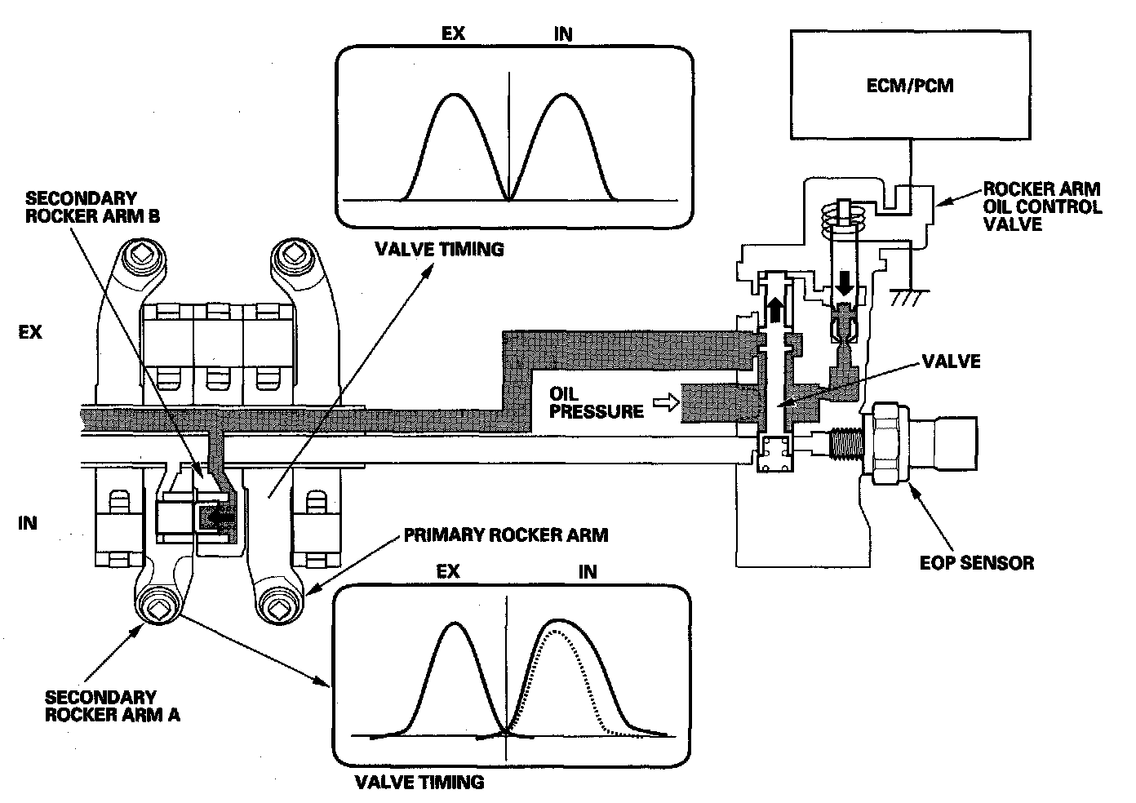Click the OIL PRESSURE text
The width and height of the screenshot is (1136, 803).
click(x=596, y=401)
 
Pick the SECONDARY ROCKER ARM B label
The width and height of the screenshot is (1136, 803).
click(x=92, y=207)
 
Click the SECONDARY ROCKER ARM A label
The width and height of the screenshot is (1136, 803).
click(x=113, y=706)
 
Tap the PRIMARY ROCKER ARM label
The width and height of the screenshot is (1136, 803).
click(x=505, y=535)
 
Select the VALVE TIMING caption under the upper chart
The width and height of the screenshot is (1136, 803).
click(x=439, y=249)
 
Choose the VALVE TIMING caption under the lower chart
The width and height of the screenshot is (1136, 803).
click(x=419, y=782)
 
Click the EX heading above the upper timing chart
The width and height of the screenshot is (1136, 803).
click(x=454, y=33)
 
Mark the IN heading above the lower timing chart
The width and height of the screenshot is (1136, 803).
click(x=588, y=571)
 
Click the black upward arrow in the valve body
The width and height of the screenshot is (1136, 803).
click(x=774, y=310)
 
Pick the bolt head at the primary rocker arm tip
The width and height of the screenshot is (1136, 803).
click(x=276, y=606)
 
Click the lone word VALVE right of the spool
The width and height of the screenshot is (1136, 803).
click(x=951, y=362)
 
